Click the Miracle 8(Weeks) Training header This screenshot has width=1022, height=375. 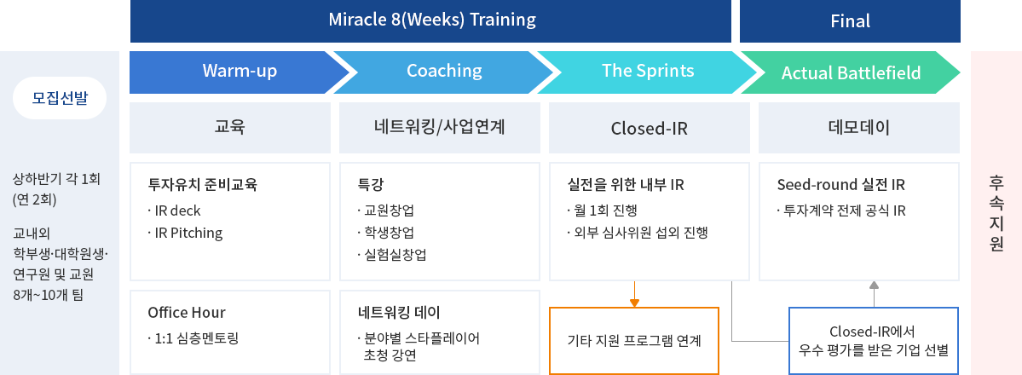click(x=430, y=20)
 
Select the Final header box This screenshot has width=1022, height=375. click(x=850, y=20)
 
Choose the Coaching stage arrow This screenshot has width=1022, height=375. click(x=443, y=72)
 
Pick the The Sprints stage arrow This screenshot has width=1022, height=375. click(x=647, y=72)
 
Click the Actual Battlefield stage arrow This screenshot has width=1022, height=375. click(x=851, y=72)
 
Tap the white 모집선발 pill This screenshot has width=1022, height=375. click(x=60, y=98)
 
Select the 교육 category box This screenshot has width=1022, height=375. click(x=230, y=128)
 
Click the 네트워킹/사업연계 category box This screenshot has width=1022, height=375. click(x=440, y=128)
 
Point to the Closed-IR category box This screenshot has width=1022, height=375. click(x=650, y=128)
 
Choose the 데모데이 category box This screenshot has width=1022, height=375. click(x=859, y=128)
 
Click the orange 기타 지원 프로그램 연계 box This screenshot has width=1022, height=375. click(x=634, y=340)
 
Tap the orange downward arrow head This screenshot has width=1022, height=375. click(x=634, y=303)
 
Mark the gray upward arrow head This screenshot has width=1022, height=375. click(x=874, y=285)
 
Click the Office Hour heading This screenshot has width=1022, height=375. click(x=187, y=313)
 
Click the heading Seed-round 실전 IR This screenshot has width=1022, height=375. click(x=840, y=185)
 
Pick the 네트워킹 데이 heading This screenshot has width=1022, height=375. click(x=393, y=313)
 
